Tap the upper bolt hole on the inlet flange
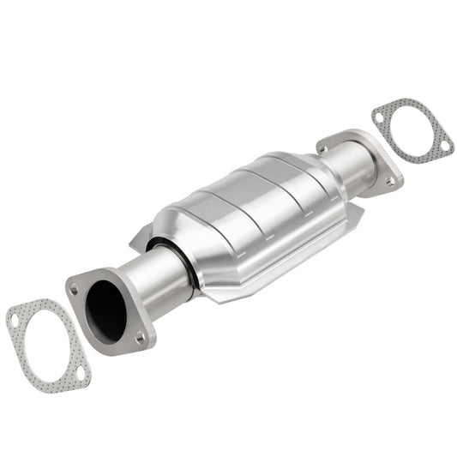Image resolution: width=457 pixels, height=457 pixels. pos(75,289)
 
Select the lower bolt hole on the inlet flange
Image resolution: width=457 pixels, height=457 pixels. pos(140,337)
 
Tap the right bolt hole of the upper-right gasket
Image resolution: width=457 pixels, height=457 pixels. pos(445,147)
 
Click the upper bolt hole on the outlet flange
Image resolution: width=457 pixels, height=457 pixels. pos(323,148)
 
